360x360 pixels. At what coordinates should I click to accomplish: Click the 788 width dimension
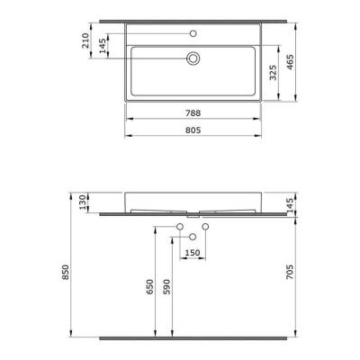point(193,114)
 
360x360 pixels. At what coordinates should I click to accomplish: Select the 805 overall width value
point(193,131)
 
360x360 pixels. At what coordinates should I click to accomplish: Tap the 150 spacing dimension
point(193,253)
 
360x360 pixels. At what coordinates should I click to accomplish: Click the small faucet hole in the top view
point(193,32)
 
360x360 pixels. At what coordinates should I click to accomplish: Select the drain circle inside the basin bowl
point(193,58)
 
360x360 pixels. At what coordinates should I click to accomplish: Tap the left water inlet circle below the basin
point(180,225)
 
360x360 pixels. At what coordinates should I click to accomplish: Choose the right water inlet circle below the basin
point(205,225)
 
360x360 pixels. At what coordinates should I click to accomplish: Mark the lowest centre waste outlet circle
point(193,236)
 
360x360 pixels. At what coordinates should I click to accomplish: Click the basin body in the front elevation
point(193,199)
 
